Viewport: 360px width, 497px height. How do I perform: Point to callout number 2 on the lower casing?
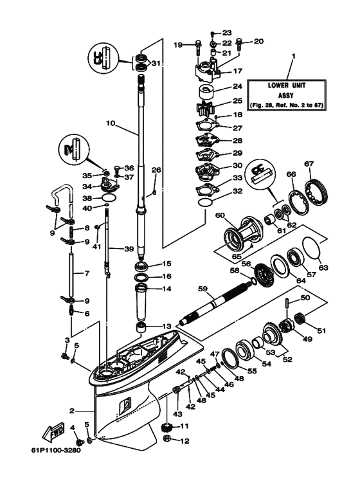coord(73,410)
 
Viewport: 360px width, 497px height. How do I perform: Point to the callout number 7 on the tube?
coord(71,273)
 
